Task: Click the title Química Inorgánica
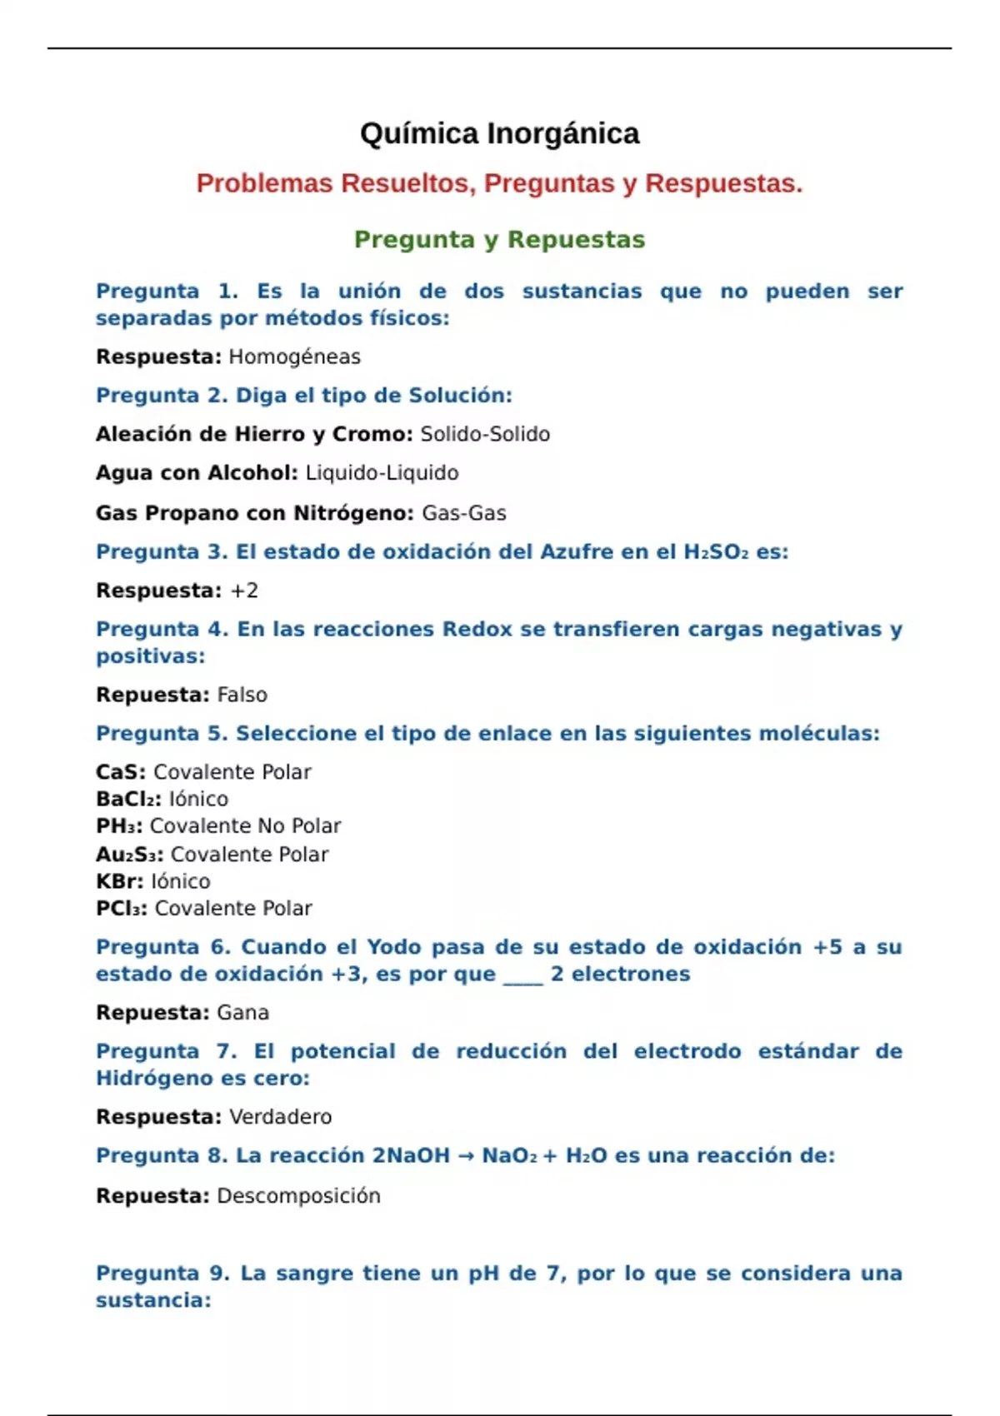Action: [x=499, y=133]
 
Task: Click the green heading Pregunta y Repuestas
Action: [x=499, y=240]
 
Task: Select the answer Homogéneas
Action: [x=294, y=357]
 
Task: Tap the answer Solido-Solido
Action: [x=485, y=435]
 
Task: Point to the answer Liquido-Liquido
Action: [x=382, y=473]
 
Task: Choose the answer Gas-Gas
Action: [x=464, y=513]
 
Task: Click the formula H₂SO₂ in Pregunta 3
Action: [x=716, y=552]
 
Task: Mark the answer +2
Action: [x=244, y=591]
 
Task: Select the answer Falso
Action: [x=242, y=695]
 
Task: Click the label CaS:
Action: [x=121, y=772]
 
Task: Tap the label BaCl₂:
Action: [x=129, y=799]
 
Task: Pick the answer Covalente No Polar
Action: [x=245, y=825]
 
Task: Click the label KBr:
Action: [x=120, y=881]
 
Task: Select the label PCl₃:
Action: [x=122, y=908]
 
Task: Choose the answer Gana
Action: [x=242, y=1013]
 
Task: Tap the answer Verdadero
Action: [x=280, y=1117]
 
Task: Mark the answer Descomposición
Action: [x=298, y=1196]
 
